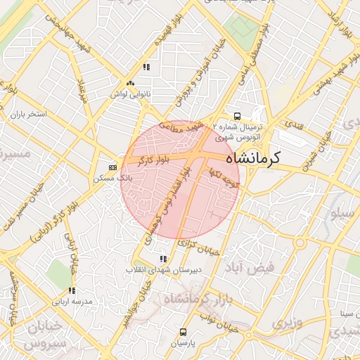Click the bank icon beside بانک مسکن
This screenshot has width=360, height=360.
[x=113, y=167]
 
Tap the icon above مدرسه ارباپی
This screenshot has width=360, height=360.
[x=72, y=290]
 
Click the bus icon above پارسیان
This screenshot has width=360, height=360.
[x=184, y=332]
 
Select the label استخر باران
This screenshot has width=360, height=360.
[x=27, y=113]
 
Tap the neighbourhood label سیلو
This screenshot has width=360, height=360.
[x=344, y=216]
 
